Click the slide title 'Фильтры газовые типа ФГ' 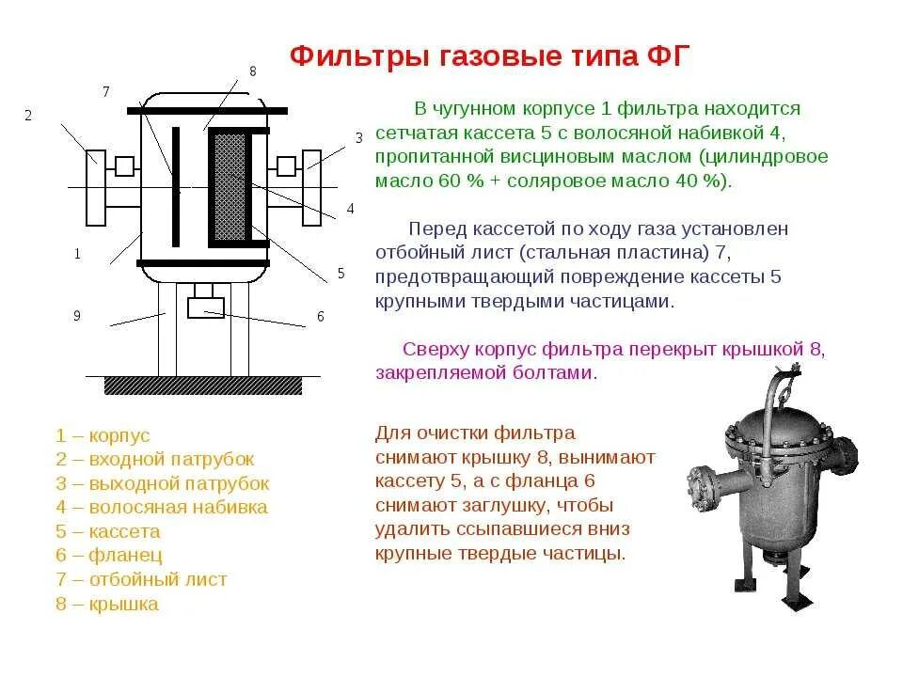pyautogui.click(x=490, y=55)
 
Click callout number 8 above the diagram pyautogui.click(x=252, y=71)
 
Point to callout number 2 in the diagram pyautogui.click(x=28, y=116)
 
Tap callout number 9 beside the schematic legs pyautogui.click(x=77, y=316)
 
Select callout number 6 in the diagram pyautogui.click(x=320, y=317)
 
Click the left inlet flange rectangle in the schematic pyautogui.click(x=95, y=188)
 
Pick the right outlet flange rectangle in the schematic pyautogui.click(x=311, y=188)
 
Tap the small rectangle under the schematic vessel pyautogui.click(x=206, y=307)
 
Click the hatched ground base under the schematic pyautogui.click(x=203, y=386)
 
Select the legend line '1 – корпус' pyautogui.click(x=103, y=435)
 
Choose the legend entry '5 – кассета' pyautogui.click(x=108, y=532)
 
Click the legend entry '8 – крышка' pyautogui.click(x=107, y=605)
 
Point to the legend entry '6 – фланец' pyautogui.click(x=109, y=556)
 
